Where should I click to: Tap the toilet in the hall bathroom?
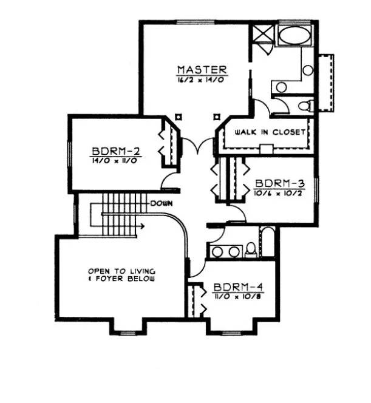[x=251, y=249]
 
